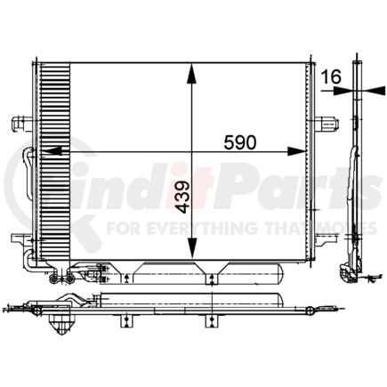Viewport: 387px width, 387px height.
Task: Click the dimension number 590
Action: click(239, 142)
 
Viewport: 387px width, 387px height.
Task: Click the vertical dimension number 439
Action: click(182, 198)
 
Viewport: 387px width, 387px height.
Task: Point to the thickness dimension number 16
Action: click(332, 77)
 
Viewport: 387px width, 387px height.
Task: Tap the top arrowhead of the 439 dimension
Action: click(192, 73)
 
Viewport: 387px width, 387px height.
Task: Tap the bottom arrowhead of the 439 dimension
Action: click(192, 248)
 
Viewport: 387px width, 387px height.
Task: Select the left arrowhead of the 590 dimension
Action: click(52, 151)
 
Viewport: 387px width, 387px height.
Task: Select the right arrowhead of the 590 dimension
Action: click(296, 151)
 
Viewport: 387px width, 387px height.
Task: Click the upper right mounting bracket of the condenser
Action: click(327, 123)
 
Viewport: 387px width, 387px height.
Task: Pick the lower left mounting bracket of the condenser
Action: click(22, 239)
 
